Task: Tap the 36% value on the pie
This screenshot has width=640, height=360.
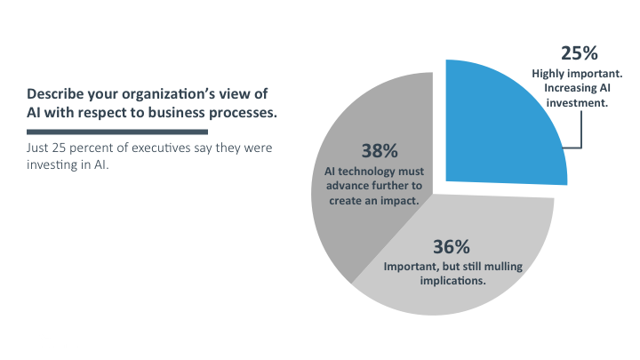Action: point(454,246)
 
